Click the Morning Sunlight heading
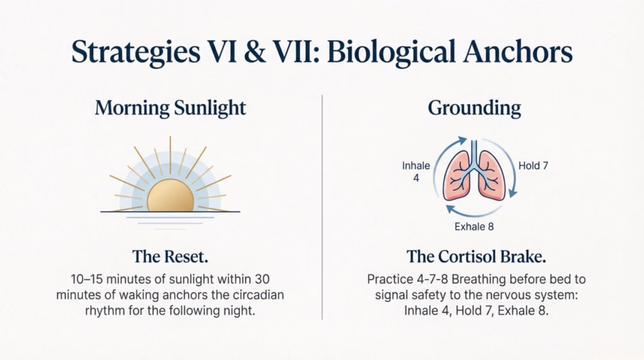170,108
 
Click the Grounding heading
474,108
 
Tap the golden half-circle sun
170,196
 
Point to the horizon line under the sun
170,212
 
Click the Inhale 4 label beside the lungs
416,172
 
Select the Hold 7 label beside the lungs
533,166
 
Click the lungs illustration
474,175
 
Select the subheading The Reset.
170,256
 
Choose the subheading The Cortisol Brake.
475,256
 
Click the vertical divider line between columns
322,208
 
